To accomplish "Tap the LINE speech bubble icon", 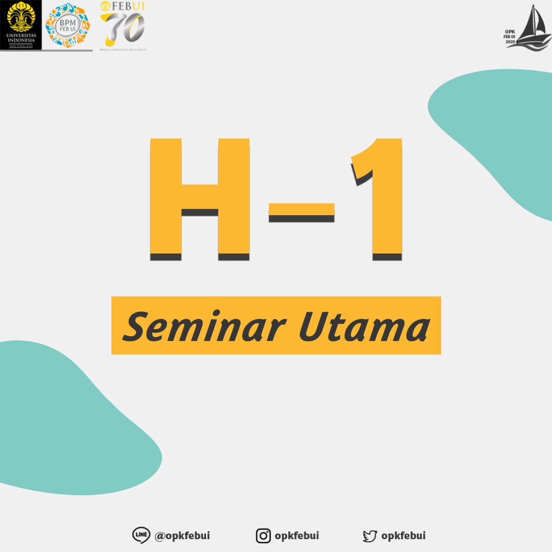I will pyautogui.click(x=141, y=536).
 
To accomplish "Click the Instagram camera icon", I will pyautogui.click(x=263, y=536).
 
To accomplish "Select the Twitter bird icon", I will pyautogui.click(x=370, y=536).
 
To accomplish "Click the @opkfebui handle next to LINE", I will pyautogui.click(x=182, y=536).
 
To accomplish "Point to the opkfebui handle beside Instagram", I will pyautogui.click(x=297, y=536).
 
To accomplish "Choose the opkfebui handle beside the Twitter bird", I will pyautogui.click(x=403, y=536).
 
